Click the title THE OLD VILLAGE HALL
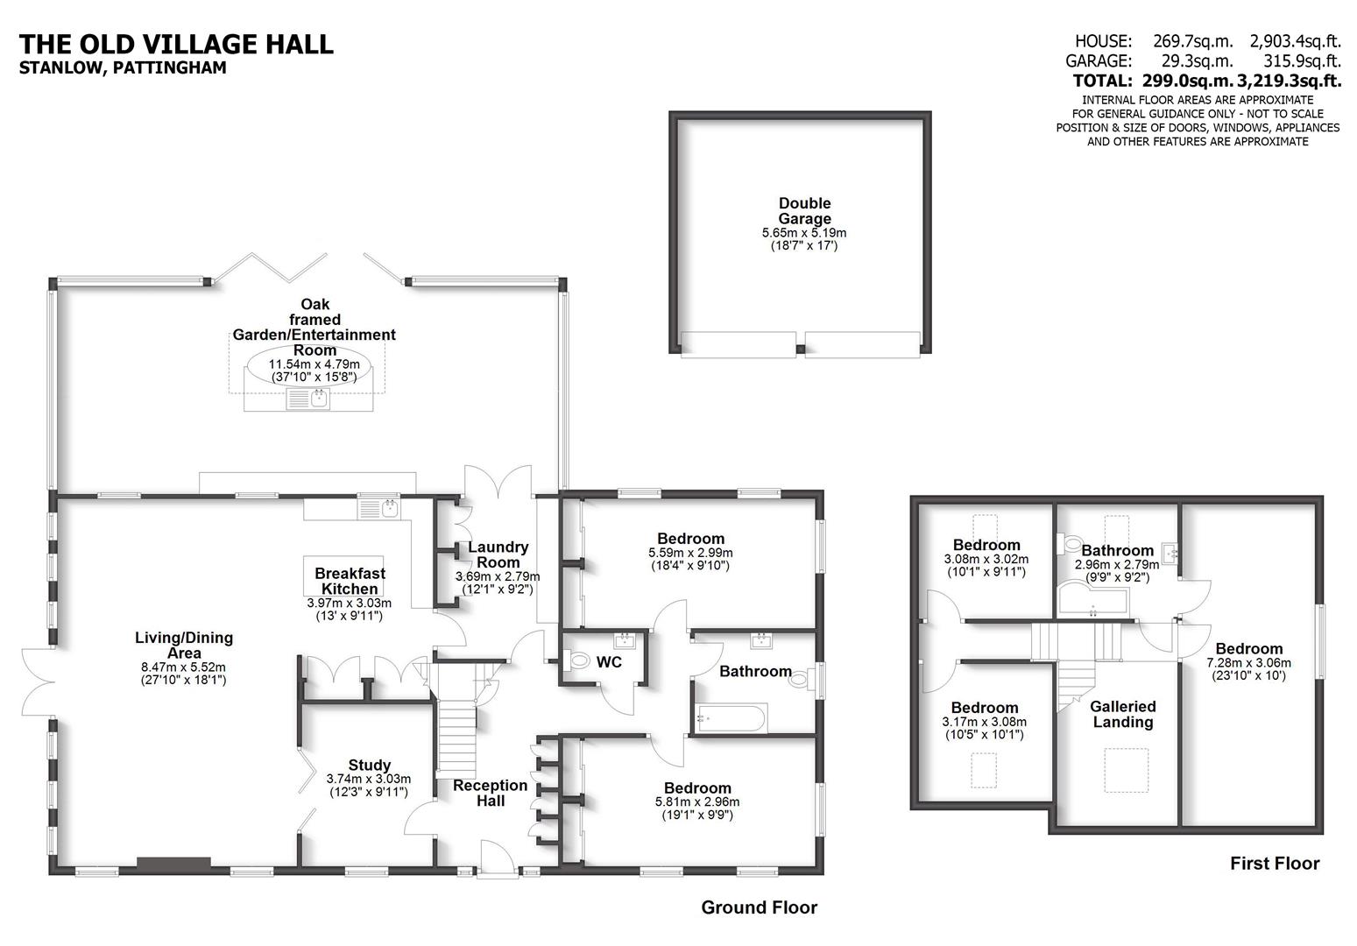176,44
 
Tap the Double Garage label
804,211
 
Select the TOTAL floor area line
1207,81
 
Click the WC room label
609,662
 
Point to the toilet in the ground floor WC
578,659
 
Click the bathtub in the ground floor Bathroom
730,718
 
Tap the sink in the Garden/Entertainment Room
308,400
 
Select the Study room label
369,765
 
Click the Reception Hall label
490,793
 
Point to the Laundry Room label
498,555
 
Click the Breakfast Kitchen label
350,581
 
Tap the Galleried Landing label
1122,714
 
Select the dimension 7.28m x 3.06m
1248,663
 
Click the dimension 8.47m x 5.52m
183,667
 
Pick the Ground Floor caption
759,907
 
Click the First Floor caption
1274,864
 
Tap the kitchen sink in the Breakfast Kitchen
378,508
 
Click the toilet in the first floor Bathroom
1070,545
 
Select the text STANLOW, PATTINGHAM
123,68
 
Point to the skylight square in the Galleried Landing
1125,770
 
